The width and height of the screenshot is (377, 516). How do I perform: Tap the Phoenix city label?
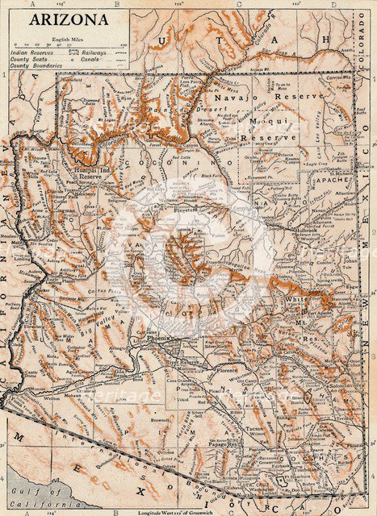[160, 339]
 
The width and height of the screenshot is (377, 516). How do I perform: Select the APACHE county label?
[329, 180]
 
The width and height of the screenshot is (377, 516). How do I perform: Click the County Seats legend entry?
[29, 59]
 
